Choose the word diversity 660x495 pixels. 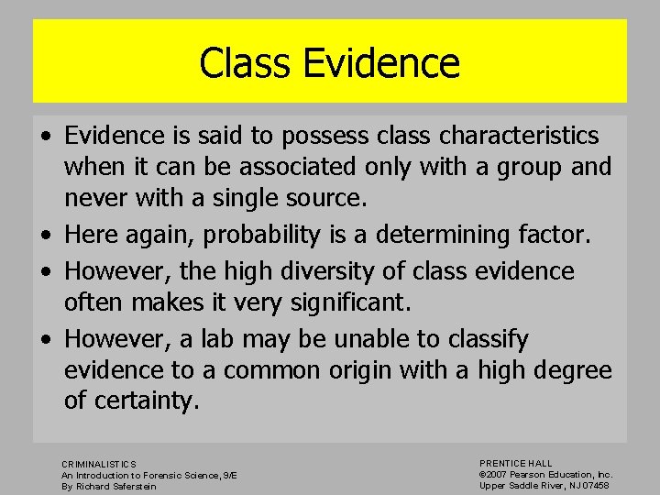tap(308, 271)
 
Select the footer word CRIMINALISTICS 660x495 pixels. tap(99, 465)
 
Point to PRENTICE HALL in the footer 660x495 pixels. tap(516, 464)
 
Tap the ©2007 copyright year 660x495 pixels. tap(494, 475)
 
